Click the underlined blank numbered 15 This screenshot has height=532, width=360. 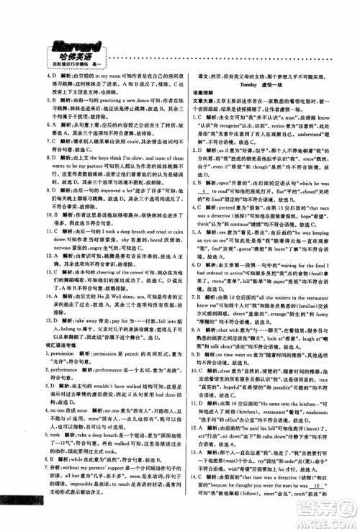pos(332,507)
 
